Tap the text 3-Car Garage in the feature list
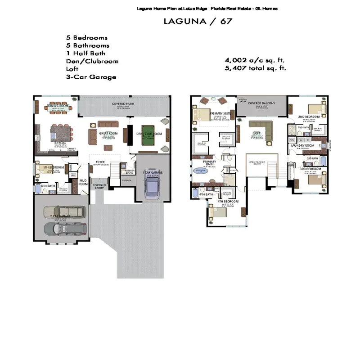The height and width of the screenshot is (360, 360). click(x=91, y=77)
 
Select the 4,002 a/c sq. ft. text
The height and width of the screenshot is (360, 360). click(x=255, y=60)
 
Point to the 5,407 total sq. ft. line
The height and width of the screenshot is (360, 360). click(x=255, y=68)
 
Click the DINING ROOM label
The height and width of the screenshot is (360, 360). click(x=58, y=106)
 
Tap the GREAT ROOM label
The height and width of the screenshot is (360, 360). click(x=108, y=133)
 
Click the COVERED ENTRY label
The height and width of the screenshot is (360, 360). click(x=99, y=186)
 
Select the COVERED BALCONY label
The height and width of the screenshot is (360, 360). click(x=261, y=103)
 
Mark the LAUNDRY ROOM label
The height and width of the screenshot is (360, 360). click(x=302, y=145)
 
